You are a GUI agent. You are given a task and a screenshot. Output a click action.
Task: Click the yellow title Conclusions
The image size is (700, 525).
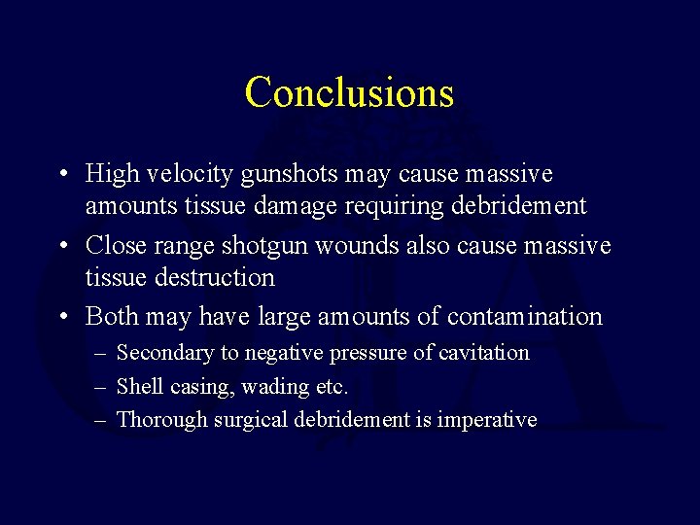349,93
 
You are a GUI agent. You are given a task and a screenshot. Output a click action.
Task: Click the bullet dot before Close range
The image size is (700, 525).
61,247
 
